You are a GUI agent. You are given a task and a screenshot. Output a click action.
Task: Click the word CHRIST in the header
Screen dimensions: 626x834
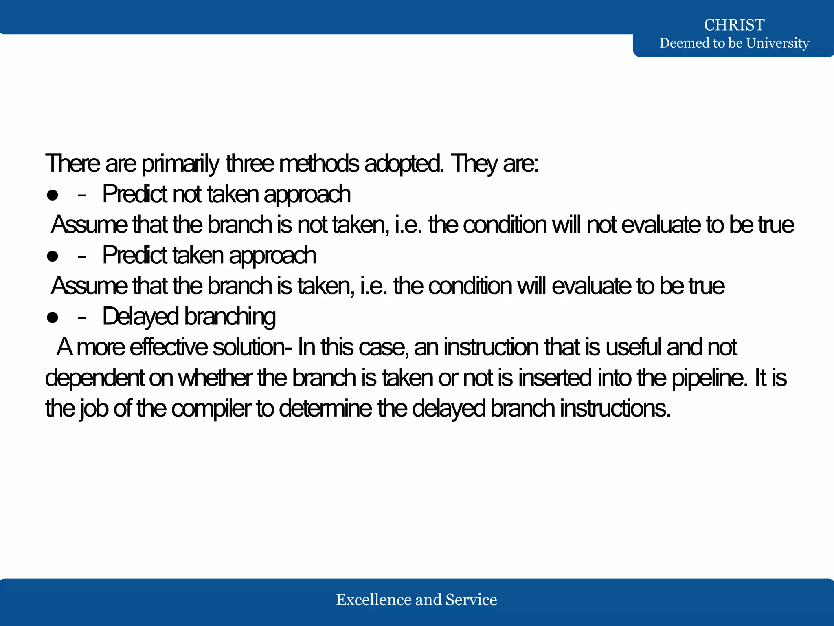(x=734, y=25)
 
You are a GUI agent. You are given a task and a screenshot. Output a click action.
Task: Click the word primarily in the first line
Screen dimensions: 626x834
(x=180, y=164)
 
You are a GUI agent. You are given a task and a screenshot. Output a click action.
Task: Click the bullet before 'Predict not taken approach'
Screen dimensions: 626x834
(x=53, y=195)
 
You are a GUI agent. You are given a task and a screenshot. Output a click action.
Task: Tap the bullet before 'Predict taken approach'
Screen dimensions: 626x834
(x=53, y=256)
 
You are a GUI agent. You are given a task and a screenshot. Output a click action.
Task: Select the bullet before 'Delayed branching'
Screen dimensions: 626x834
(x=53, y=317)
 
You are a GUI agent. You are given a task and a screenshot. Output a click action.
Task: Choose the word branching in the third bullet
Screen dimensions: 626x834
(x=230, y=317)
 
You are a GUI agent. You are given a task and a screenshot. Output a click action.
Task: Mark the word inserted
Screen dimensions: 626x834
(x=555, y=378)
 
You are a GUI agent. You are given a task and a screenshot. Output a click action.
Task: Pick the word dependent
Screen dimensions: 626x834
(x=94, y=378)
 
